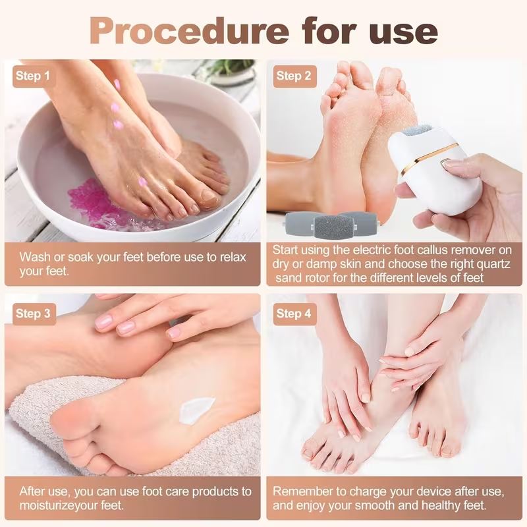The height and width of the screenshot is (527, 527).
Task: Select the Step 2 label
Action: coord(293,76)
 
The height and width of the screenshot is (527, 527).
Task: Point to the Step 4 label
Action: coord(293,314)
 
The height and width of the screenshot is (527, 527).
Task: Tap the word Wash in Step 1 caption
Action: coord(34,256)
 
